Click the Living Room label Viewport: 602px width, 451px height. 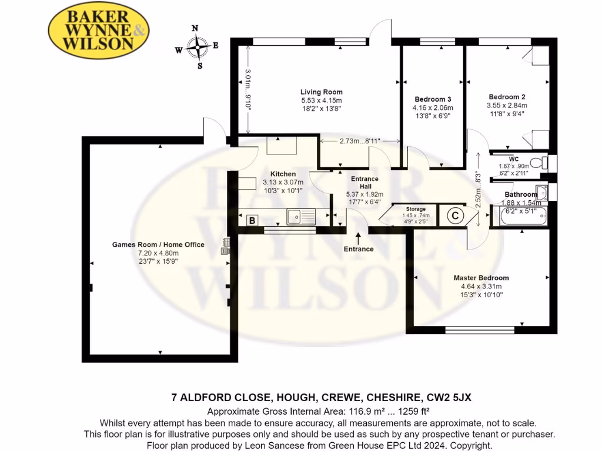(x=321, y=92)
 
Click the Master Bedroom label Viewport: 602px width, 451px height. (x=481, y=278)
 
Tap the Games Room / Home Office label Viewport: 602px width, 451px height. (x=158, y=244)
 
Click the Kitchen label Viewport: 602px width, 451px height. (x=283, y=174)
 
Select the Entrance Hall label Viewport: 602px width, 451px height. (x=364, y=183)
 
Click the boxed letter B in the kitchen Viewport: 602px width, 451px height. (x=252, y=220)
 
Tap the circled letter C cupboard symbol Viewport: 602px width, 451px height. (x=454, y=216)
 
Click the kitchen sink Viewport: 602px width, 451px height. (x=301, y=217)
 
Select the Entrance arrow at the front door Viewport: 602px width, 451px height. (x=359, y=237)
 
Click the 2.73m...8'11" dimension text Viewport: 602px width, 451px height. (x=360, y=141)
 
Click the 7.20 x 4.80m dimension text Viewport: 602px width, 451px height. (x=158, y=253)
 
